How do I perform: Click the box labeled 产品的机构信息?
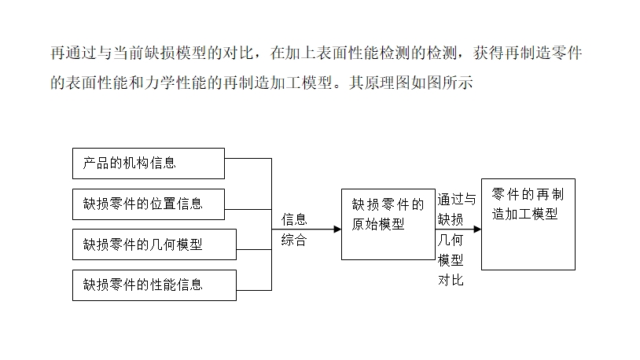pos(149,163)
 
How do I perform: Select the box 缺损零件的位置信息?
pos(149,204)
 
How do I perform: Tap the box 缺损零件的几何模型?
pos(154,244)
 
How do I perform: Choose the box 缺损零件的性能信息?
pos(154,285)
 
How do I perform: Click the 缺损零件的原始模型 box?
pos(388,224)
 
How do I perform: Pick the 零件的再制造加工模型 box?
pos(528,224)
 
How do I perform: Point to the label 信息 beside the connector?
pos(294,219)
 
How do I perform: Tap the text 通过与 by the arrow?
pos(457,199)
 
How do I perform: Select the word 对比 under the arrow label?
pos(451,280)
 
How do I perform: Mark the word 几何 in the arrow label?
pos(451,240)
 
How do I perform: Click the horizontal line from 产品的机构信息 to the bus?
pos(248,158)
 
